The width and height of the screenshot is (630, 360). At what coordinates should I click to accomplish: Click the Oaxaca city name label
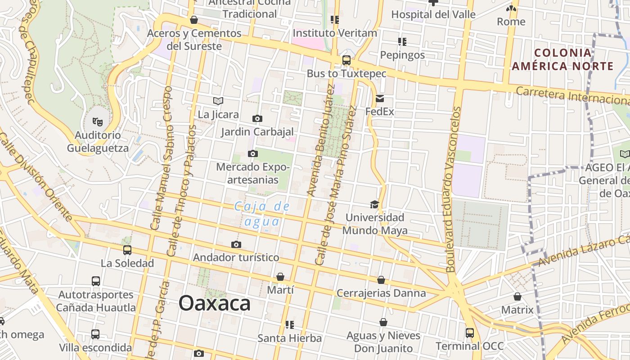tap(215, 303)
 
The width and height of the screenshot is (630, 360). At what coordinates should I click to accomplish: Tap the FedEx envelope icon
tap(380, 99)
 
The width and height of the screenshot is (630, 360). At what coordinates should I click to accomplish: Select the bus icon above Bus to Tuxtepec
tap(346, 60)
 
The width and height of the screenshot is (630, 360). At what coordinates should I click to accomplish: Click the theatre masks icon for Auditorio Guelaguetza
tap(97, 121)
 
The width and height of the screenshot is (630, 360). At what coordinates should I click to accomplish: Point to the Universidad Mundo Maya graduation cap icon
tap(374, 205)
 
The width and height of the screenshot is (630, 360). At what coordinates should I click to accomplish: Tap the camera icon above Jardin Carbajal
tap(257, 119)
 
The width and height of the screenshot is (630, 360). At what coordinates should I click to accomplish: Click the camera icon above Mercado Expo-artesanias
tap(253, 154)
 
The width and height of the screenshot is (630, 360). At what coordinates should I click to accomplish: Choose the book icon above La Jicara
tap(218, 101)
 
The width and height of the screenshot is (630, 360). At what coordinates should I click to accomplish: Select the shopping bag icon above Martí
tap(280, 277)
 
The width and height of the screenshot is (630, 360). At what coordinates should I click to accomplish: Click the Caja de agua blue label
tap(262, 214)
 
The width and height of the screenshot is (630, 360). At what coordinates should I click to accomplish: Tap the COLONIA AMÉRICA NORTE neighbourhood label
tap(562, 59)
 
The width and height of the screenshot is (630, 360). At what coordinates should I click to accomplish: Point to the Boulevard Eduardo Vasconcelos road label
tap(454, 189)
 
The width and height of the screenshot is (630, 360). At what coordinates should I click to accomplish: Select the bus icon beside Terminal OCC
tap(470, 333)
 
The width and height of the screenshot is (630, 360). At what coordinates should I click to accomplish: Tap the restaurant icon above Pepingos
tap(402, 42)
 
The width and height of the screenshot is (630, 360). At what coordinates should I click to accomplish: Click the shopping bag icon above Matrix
tap(517, 297)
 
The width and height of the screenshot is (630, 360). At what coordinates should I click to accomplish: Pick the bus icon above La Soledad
tap(127, 250)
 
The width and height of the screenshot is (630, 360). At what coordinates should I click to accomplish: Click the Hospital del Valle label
tap(433, 14)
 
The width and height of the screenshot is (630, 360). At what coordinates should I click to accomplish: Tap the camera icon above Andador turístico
tap(236, 245)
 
